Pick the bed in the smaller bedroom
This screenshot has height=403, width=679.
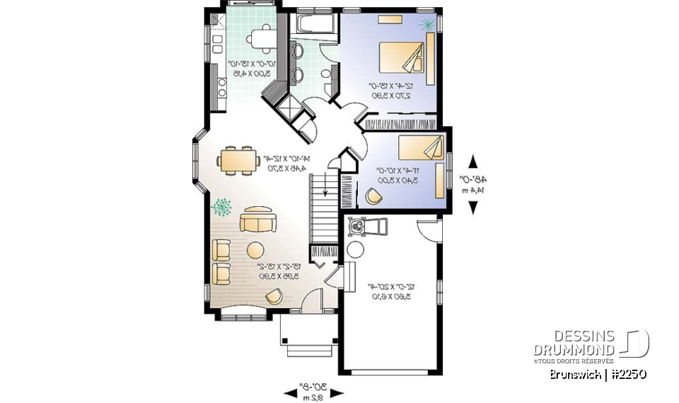click(421, 148)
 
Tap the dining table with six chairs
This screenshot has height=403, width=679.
click(238, 159)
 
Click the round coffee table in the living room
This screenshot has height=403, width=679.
click(255, 250)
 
